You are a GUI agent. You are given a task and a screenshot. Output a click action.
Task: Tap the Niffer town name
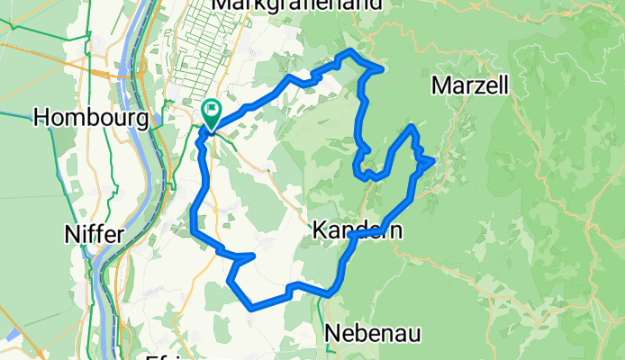pos(94,235)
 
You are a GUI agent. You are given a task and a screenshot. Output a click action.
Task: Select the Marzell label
pos(471,85)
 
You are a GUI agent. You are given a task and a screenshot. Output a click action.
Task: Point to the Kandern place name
pos(357,231)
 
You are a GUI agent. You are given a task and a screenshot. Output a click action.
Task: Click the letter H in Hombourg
pos(41,117)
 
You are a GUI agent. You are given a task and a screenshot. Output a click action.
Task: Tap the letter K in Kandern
pos(321,231)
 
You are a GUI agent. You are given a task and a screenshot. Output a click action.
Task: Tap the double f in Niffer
pos(94,235)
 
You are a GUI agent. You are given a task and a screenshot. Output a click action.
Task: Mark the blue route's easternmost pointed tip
pos(435,160)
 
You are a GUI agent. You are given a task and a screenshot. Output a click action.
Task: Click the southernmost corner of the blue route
pos(251,308)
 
